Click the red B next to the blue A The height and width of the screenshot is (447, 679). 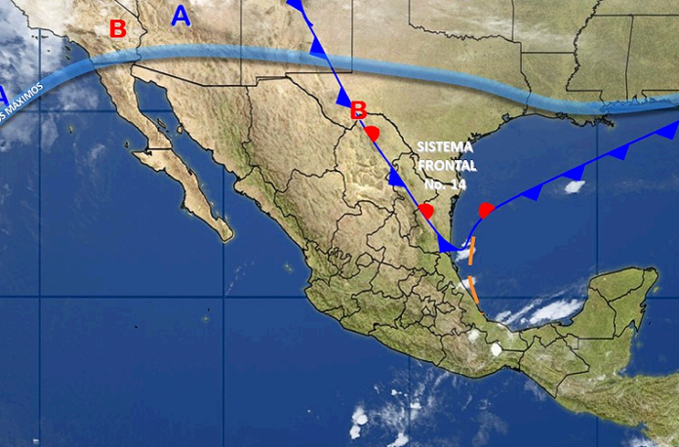(117, 29)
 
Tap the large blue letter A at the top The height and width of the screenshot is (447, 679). (180, 15)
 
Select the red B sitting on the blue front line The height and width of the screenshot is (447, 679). (358, 109)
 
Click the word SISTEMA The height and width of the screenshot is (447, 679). (444, 146)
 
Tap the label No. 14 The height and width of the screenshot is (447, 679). (445, 183)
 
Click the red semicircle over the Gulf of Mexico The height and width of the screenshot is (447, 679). (487, 209)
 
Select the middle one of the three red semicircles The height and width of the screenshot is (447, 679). (425, 210)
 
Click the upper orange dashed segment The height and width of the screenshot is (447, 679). (471, 252)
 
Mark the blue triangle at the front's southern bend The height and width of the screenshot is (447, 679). (446, 244)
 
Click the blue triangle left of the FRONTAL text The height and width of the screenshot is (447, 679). (396, 177)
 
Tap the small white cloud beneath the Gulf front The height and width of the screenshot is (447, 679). (575, 185)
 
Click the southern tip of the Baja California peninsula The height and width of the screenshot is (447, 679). (225, 234)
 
